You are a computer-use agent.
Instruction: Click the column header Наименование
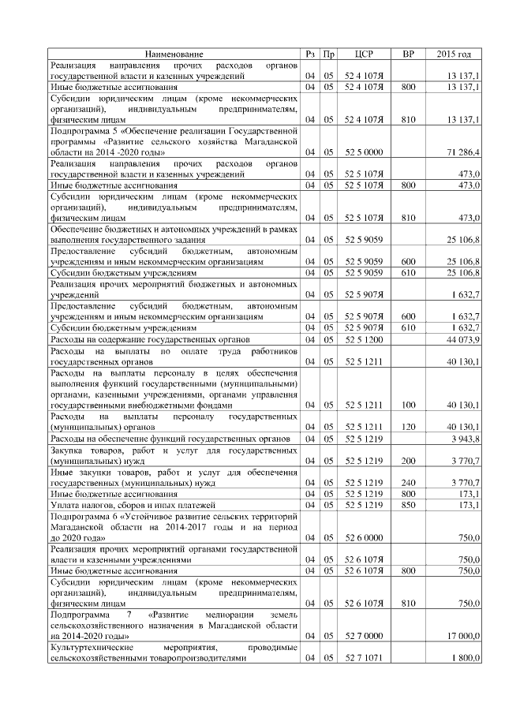pos(174,54)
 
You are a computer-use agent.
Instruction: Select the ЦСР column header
pos(364,54)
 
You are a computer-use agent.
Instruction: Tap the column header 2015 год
pos(454,54)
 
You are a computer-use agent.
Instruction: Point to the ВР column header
pos(408,54)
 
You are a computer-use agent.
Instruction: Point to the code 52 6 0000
pos(364,537)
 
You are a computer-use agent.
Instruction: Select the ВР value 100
pos(408,405)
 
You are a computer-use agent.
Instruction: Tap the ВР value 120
pos(408,427)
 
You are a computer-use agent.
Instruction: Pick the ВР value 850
pos(408,504)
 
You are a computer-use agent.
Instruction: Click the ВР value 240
pos(408,482)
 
